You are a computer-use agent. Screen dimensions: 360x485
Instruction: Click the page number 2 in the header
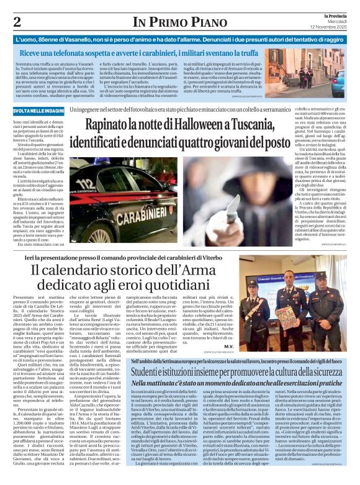click(x=17, y=22)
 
